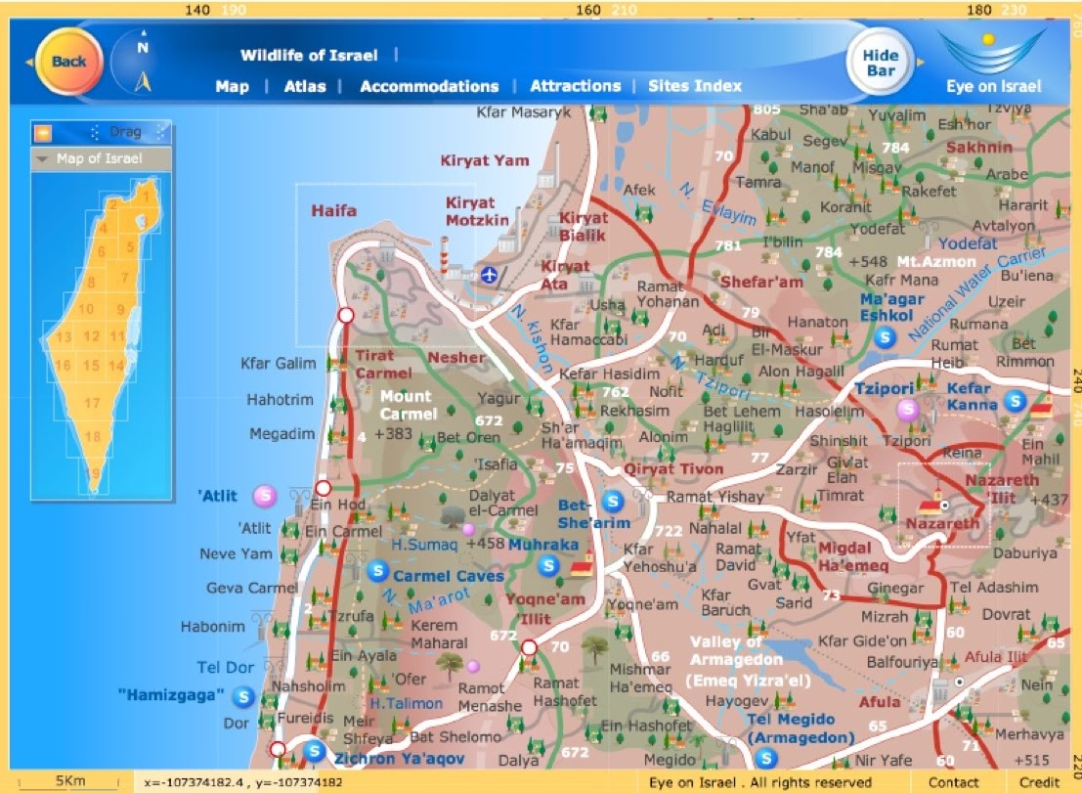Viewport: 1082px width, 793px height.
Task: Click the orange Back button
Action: [68, 61]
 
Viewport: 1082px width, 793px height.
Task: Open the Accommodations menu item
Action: [429, 86]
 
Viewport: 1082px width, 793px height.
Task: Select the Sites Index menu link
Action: [695, 86]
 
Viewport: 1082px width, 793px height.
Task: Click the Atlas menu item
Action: [305, 86]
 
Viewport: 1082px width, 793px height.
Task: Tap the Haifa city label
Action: [334, 210]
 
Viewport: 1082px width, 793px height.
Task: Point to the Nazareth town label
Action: [942, 524]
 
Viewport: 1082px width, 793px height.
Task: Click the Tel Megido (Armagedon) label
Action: [801, 729]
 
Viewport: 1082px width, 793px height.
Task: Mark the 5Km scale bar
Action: [71, 782]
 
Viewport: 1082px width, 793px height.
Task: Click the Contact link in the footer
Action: [953, 782]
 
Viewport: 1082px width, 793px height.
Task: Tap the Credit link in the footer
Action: [1039, 782]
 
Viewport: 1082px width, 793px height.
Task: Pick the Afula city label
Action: [880, 702]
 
